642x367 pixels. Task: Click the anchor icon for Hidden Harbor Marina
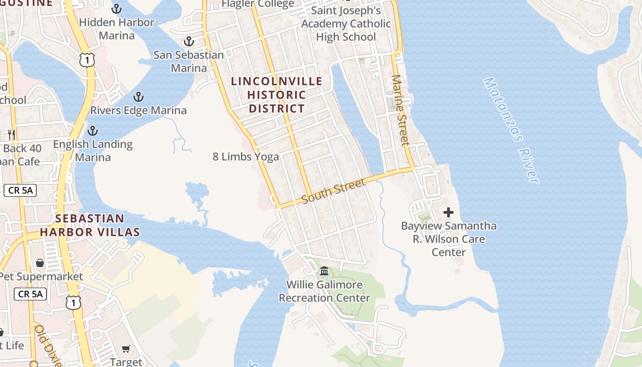(117, 9)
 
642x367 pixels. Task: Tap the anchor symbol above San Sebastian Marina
(188, 42)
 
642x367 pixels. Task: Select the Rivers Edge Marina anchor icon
(138, 97)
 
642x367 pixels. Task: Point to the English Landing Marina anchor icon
(93, 131)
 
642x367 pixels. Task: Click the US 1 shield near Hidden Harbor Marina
(87, 60)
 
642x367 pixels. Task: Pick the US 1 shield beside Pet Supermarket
(73, 302)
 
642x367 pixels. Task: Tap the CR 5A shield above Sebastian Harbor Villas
(20, 190)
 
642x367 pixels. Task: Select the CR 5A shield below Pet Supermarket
(30, 294)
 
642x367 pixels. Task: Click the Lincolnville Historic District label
(277, 95)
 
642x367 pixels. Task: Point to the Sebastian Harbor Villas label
(89, 225)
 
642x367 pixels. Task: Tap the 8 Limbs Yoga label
(246, 157)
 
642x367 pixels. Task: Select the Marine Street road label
(400, 110)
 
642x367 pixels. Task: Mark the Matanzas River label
(511, 130)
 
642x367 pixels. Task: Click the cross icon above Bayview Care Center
(448, 212)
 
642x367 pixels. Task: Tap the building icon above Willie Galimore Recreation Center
(324, 271)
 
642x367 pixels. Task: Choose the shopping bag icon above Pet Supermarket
(40, 263)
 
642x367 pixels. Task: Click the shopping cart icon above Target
(126, 349)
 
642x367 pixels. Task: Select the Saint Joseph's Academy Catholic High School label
(346, 23)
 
